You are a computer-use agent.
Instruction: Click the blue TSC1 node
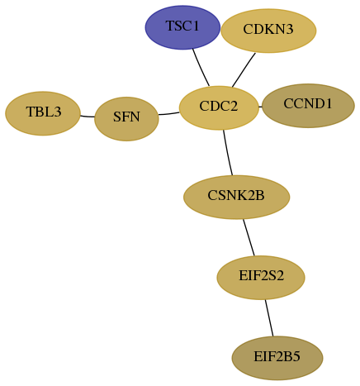click(182, 27)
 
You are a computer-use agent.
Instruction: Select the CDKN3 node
click(268, 31)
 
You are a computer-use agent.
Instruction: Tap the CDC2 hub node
click(219, 107)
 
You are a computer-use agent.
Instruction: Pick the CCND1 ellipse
click(308, 106)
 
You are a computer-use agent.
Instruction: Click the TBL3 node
click(43, 113)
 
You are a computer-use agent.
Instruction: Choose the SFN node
click(126, 119)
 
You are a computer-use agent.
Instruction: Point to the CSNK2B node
click(237, 197)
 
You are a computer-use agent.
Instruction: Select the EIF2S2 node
click(261, 278)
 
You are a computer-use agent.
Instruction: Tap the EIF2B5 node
click(277, 358)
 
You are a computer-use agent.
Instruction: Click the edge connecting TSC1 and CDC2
click(201, 68)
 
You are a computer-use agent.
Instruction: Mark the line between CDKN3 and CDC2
click(244, 70)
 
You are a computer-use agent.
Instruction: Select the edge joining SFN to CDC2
click(169, 113)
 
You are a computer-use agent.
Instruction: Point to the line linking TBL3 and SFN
click(88, 117)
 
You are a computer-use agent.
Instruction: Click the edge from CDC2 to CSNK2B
click(227, 153)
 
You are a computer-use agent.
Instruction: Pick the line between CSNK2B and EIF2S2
click(249, 237)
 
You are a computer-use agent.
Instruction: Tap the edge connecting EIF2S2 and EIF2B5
click(269, 318)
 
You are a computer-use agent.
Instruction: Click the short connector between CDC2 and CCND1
click(260, 107)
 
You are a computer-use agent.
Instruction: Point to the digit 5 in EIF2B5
click(296, 356)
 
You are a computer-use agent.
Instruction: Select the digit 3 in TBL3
click(58, 112)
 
